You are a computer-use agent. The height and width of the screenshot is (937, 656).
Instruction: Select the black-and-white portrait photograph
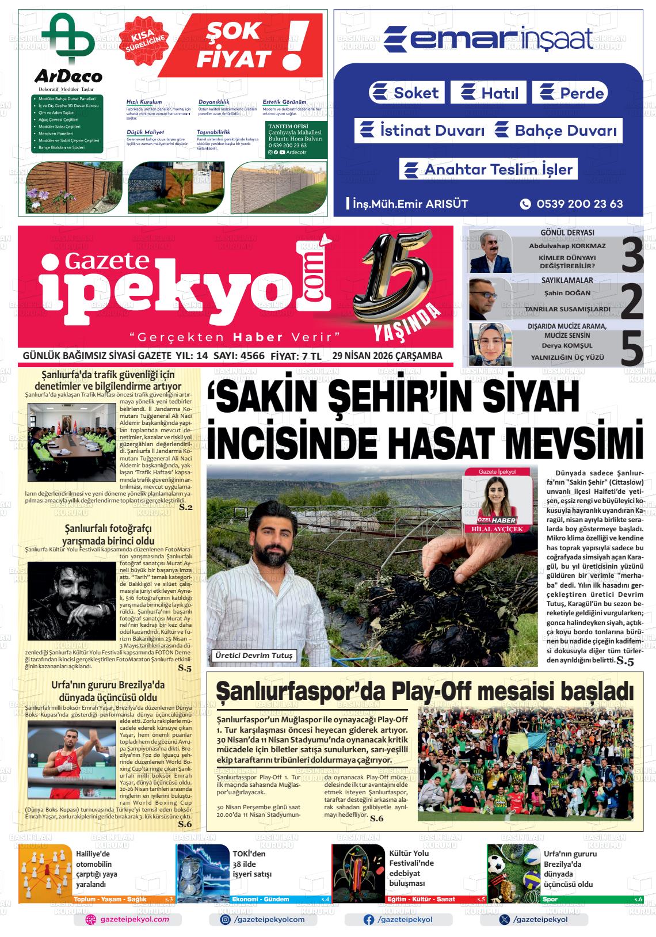pos(72,599)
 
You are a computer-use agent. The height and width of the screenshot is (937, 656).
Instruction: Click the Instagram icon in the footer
pos(226,920)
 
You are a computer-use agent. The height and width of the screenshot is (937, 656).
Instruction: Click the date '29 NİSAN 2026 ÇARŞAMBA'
pos(387,356)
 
